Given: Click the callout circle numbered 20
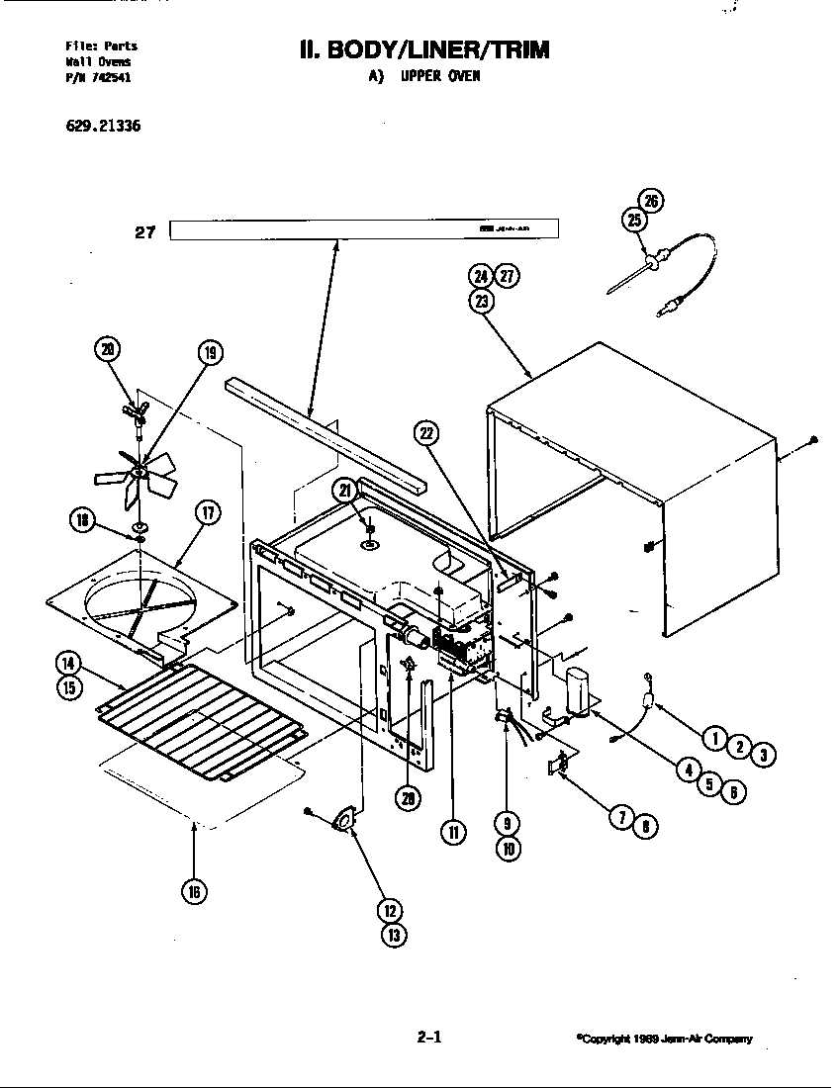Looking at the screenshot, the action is tap(108, 347).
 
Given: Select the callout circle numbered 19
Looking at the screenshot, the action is tap(209, 352).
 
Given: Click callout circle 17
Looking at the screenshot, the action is tap(207, 512).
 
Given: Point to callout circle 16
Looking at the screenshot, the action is tap(193, 891).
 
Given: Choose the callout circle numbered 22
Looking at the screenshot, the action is tap(427, 432).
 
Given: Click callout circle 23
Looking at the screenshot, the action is tap(482, 303).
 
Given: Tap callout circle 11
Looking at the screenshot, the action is tap(454, 832).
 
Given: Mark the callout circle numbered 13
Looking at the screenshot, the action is tap(393, 935).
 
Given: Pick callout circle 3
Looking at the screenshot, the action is tap(761, 756).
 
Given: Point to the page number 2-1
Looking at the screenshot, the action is tap(428, 1038).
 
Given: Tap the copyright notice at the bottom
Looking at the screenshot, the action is tap(664, 1039).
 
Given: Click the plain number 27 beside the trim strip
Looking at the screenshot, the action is tap(145, 233).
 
